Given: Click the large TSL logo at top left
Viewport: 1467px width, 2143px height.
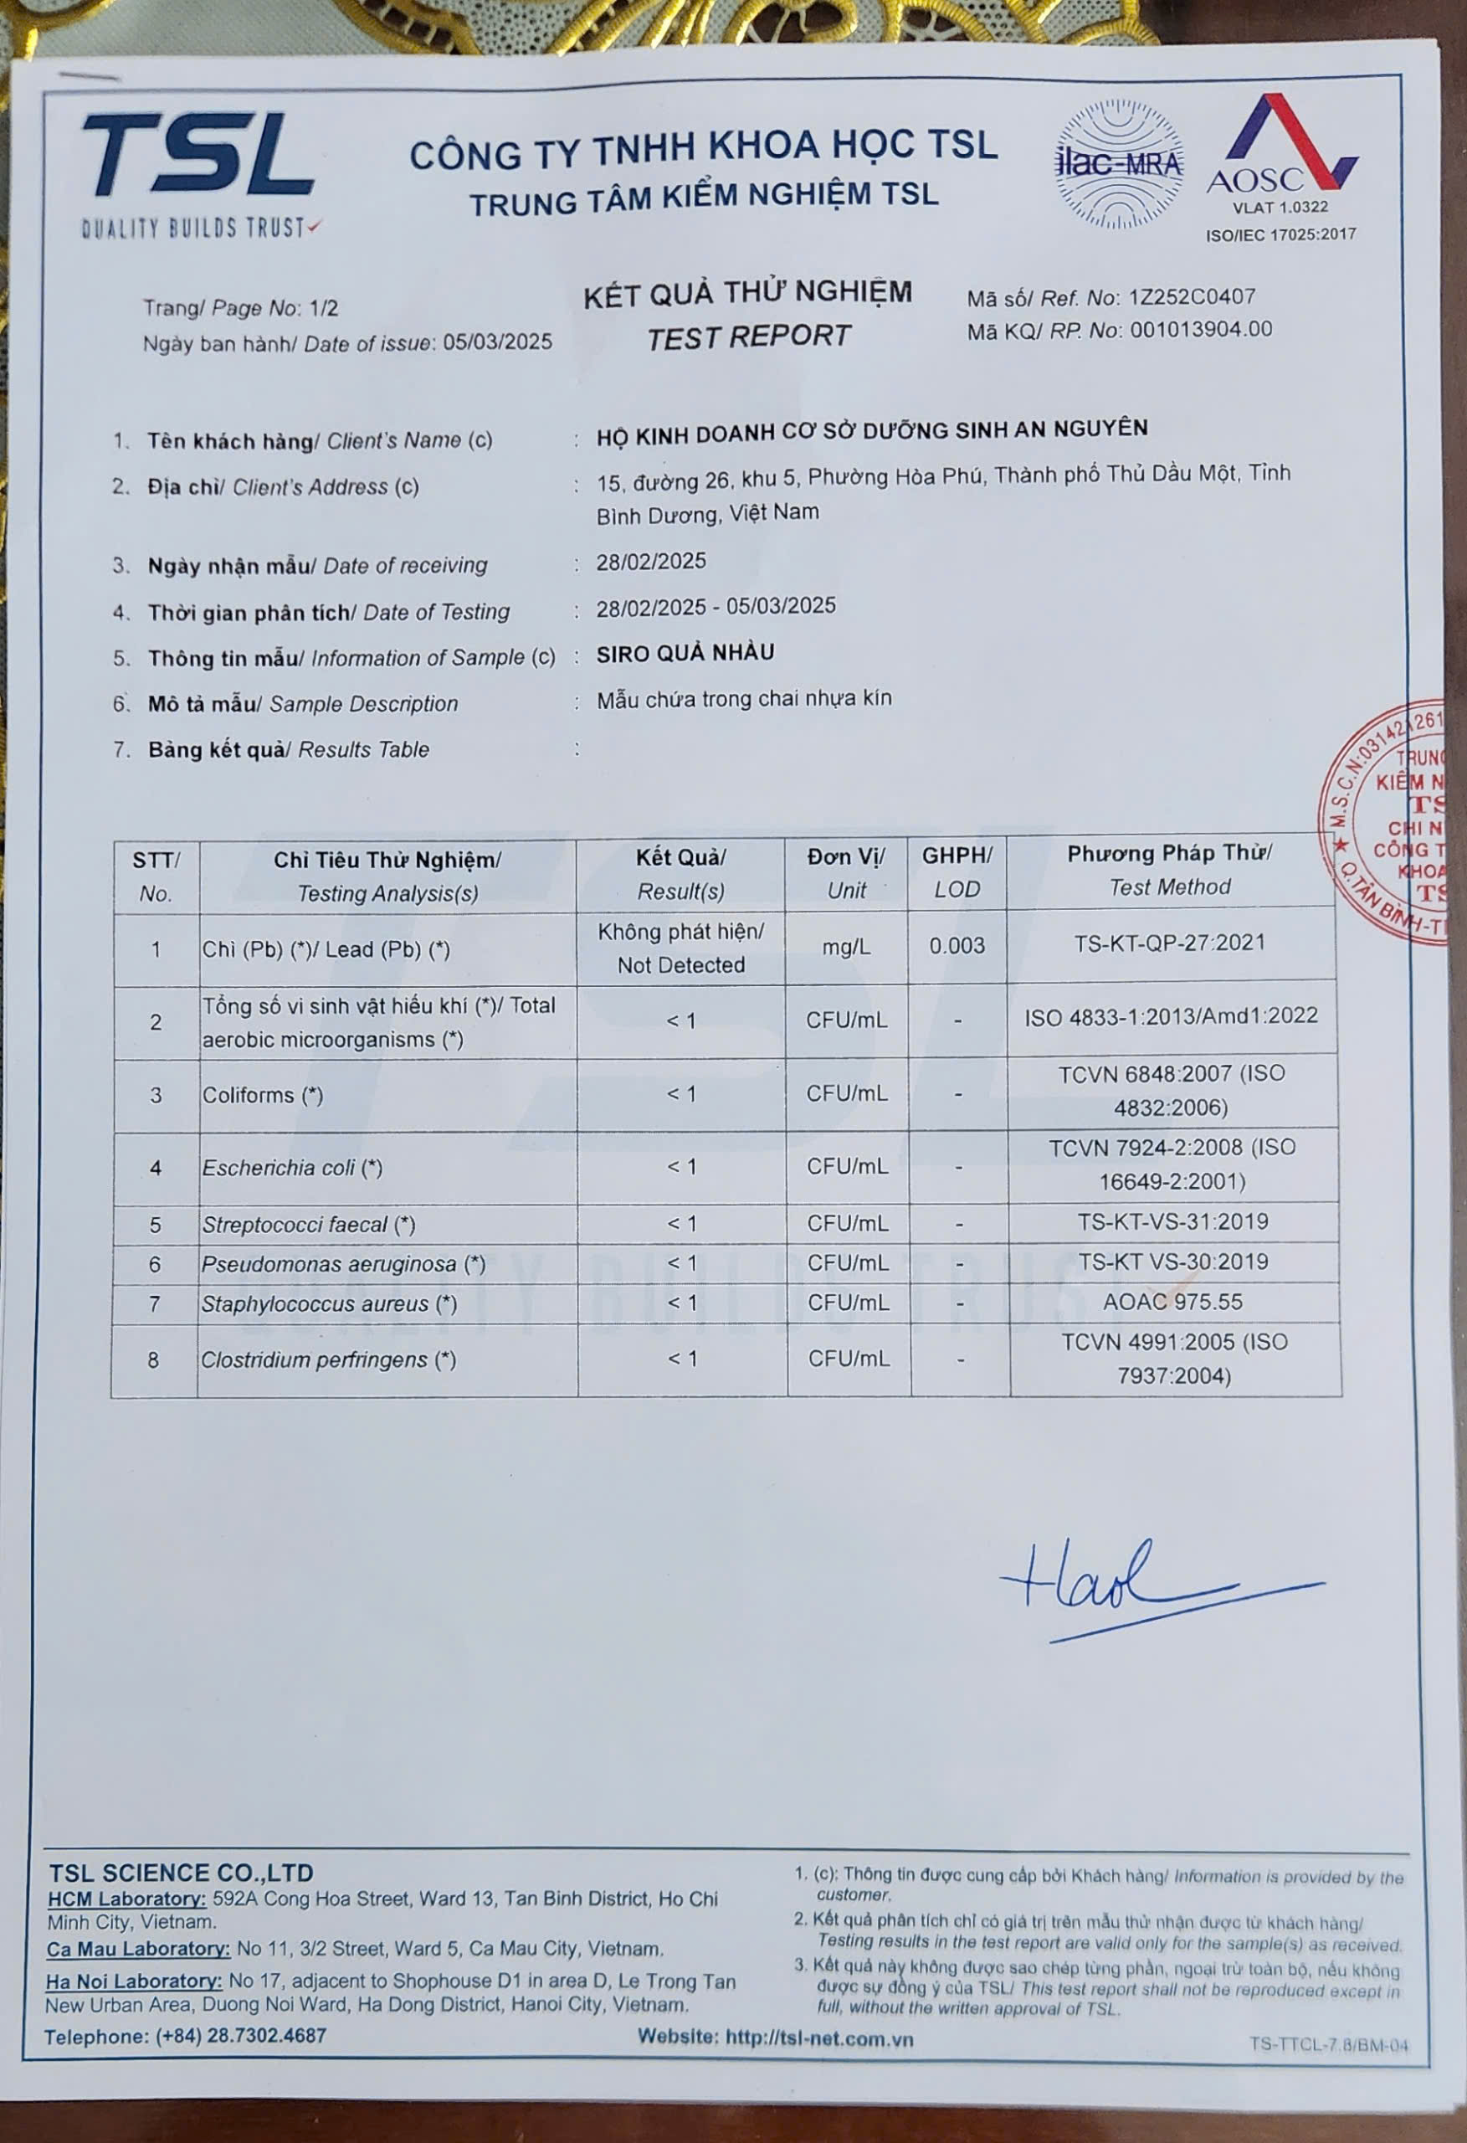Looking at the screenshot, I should [x=197, y=158].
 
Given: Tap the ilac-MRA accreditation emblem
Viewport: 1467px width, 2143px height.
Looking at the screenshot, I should [x=1120, y=165].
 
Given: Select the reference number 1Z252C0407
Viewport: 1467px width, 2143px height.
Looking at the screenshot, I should [x=1193, y=297].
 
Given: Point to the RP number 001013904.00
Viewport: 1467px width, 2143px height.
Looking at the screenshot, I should [x=1201, y=329].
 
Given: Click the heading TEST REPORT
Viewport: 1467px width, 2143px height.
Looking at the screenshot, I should [x=748, y=337].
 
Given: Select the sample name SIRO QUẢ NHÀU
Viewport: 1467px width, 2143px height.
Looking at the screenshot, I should [x=685, y=653].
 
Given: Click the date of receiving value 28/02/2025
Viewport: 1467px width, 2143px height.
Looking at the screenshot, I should [x=651, y=562].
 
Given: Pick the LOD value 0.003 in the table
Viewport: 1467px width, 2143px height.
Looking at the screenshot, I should [x=957, y=945].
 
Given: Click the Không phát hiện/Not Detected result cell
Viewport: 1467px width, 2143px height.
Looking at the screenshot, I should [x=680, y=948].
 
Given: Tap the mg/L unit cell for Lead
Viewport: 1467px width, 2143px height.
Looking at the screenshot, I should [x=845, y=947].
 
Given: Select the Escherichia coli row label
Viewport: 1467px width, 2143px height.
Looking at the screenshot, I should [x=291, y=1169].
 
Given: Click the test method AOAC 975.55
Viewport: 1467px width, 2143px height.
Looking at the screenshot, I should [x=1172, y=1301].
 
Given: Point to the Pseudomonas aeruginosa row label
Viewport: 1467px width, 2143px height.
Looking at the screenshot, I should [x=343, y=1263].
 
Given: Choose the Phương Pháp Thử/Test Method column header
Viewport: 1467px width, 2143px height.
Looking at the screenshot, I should [x=1169, y=870].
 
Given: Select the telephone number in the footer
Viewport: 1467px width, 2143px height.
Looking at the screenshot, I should [x=241, y=2035].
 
